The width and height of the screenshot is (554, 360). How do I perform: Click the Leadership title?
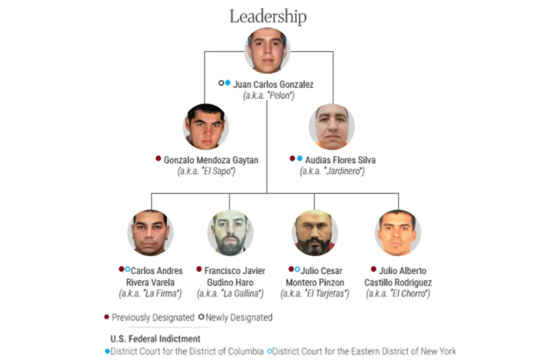click(268, 16)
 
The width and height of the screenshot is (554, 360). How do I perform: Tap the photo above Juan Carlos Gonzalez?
click(267, 51)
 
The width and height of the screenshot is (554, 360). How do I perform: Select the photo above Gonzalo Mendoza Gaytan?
click(206, 127)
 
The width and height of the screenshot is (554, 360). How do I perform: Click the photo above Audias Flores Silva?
click(332, 127)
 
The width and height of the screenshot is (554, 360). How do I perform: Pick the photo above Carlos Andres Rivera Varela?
click(150, 233)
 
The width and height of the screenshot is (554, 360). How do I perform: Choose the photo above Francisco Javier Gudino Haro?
click(230, 233)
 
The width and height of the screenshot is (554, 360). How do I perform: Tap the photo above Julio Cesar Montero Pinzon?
click(315, 233)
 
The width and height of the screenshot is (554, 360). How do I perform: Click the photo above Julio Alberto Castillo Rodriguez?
click(398, 233)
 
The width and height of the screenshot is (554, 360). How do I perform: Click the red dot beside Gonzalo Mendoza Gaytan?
click(158, 158)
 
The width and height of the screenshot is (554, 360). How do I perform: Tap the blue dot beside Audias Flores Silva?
click(299, 158)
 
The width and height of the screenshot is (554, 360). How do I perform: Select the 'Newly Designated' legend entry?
click(236, 317)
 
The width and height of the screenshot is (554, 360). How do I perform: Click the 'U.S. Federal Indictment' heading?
click(155, 339)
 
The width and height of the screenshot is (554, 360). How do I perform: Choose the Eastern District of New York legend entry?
click(362, 351)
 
